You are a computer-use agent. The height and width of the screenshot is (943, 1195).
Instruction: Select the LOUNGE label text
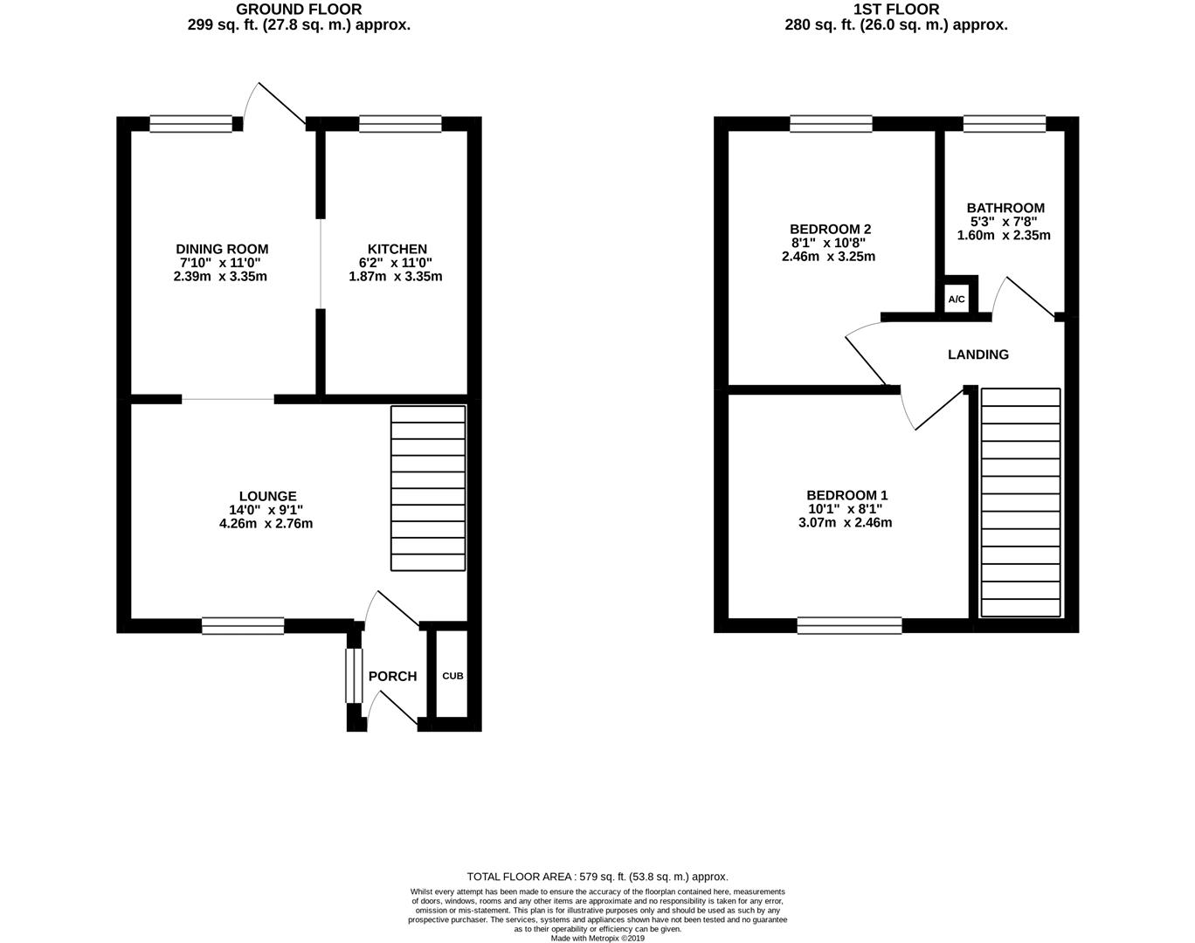coord(268,496)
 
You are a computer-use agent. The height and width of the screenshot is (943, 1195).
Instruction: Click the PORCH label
coord(392,676)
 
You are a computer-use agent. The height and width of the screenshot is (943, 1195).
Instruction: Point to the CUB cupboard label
coord(452,676)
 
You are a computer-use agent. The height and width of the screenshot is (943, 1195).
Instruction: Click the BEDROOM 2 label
coord(831,229)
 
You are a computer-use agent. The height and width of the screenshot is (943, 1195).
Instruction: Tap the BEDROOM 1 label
coord(846,495)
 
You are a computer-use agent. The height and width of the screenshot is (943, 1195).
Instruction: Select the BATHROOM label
coord(1005,208)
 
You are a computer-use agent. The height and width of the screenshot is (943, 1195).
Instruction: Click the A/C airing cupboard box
coord(957,299)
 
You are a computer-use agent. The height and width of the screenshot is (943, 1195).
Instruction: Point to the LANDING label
coord(978,354)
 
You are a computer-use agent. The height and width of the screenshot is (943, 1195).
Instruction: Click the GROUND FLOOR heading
coord(299,10)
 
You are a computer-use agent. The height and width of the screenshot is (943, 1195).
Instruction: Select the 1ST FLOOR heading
coord(896,10)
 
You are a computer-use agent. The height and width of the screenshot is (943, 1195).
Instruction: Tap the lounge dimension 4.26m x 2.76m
coord(266,524)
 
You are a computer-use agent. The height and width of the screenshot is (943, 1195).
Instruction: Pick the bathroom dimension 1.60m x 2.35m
coord(1004,235)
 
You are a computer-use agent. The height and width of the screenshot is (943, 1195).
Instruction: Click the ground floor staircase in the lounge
coord(427,488)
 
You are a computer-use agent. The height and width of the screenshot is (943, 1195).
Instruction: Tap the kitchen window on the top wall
coord(400,124)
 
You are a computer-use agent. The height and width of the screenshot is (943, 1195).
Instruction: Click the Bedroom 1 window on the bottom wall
coord(849,624)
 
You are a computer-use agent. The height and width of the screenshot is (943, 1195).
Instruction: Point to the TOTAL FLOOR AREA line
coord(597,877)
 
